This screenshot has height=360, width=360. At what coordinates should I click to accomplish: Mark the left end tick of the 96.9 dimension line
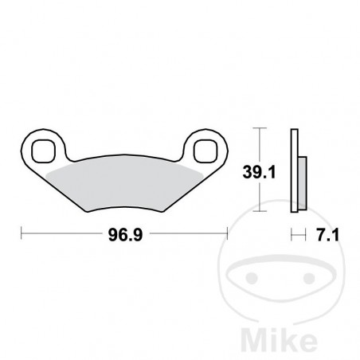coord(21,234)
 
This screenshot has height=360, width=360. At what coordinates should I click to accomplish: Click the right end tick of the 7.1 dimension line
coord(307,234)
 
